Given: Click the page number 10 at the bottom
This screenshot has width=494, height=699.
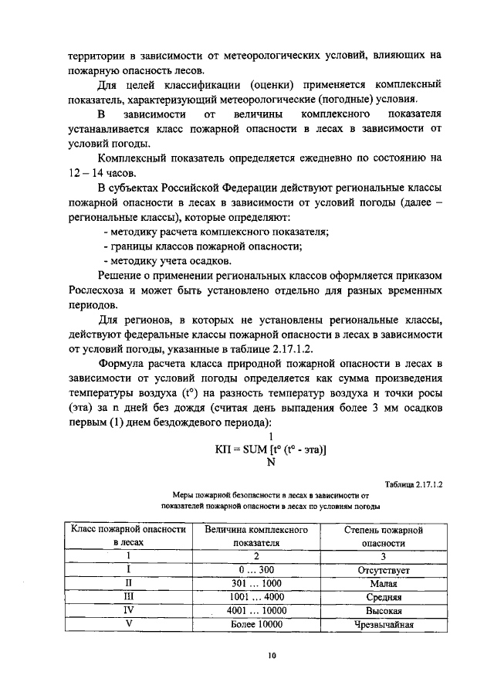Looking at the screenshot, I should (272, 655).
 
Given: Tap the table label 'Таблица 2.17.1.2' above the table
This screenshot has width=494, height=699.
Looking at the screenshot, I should (413, 484).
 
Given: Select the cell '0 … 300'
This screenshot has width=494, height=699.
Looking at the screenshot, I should (256, 569).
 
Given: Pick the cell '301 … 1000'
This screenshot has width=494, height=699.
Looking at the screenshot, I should (256, 583).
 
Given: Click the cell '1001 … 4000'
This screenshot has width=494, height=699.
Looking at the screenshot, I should (256, 597).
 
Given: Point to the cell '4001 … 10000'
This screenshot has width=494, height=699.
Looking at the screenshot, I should (256, 611).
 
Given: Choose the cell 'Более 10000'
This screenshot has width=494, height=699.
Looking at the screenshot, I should (256, 625).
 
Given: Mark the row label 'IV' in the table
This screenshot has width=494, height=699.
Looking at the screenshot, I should (129, 611).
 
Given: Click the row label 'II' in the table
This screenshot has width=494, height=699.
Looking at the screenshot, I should (129, 583).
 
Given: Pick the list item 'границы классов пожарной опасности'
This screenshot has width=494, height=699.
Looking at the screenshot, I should (202, 247).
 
